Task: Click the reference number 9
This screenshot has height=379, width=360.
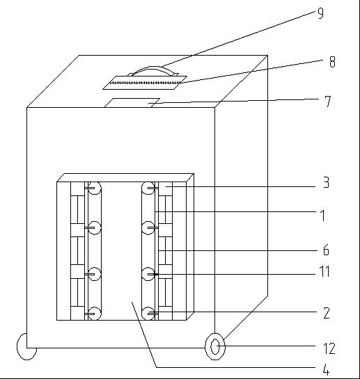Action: pyautogui.click(x=320, y=13)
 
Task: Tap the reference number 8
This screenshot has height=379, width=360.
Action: pyautogui.click(x=332, y=62)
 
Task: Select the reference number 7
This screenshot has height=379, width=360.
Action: pyautogui.click(x=327, y=102)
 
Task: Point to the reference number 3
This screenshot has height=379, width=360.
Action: pyautogui.click(x=327, y=182)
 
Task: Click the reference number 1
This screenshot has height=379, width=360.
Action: pyautogui.click(x=322, y=216)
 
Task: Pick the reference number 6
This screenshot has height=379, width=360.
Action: pyautogui.click(x=326, y=250)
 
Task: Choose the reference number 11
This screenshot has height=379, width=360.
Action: pyautogui.click(x=325, y=271)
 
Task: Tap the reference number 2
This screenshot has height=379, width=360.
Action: pyautogui.click(x=327, y=313)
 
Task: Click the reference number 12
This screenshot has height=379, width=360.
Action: pyautogui.click(x=329, y=349)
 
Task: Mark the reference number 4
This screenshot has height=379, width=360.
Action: pyautogui.click(x=326, y=370)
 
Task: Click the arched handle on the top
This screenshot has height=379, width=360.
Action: pyautogui.click(x=153, y=70)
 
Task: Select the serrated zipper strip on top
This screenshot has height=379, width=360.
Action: pyautogui.click(x=145, y=83)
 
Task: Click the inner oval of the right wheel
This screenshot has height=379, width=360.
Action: pyautogui.click(x=215, y=347)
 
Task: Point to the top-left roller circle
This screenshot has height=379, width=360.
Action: pyautogui.click(x=95, y=188)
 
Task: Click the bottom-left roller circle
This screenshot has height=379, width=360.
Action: pyautogui.click(x=95, y=314)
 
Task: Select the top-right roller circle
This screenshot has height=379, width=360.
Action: pyautogui.click(x=148, y=188)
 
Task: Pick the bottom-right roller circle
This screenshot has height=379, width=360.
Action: pyautogui.click(x=148, y=314)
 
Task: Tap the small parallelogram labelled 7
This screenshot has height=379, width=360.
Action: pyautogui.click(x=132, y=103)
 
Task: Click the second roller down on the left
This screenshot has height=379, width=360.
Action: pyautogui.click(x=95, y=227)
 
